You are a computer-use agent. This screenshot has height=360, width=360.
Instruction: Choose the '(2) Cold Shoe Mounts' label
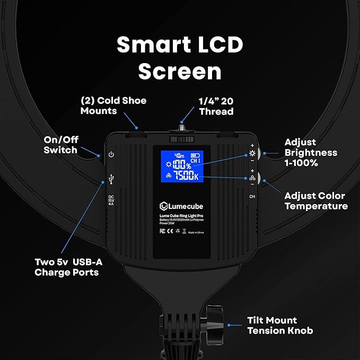[113, 106]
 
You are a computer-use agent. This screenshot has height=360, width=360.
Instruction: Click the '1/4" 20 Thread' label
[216, 106]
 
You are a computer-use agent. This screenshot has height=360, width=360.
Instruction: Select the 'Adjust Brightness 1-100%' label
[311, 153]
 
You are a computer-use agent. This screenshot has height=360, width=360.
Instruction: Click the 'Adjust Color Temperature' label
[316, 200]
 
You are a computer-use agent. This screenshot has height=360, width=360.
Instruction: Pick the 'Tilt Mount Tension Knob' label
[280, 326]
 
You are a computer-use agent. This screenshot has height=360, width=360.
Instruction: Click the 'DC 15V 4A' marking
[111, 203]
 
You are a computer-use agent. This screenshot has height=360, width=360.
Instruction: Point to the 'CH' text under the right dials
[252, 196]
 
